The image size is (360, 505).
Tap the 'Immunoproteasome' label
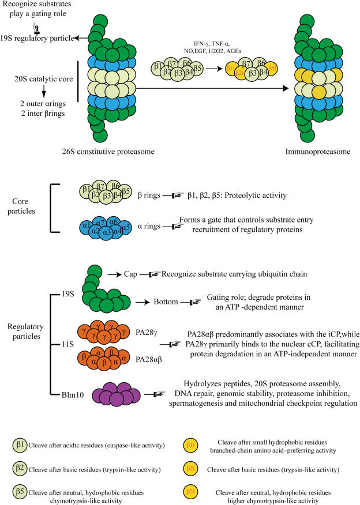320,152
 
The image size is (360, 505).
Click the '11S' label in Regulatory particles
69,345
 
